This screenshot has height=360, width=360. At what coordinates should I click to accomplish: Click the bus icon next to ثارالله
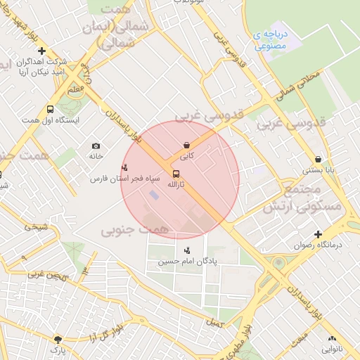click(x=176, y=174)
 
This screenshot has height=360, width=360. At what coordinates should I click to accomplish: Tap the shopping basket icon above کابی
click(x=186, y=145)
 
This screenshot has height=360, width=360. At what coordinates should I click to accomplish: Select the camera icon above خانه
click(x=96, y=146)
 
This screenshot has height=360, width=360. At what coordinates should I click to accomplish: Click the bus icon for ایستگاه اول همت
click(x=50, y=109)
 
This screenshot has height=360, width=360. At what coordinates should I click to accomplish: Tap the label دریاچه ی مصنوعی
click(x=269, y=40)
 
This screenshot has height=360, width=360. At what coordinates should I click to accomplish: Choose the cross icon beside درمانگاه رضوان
click(x=319, y=234)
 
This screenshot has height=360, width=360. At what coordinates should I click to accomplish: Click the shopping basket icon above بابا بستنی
click(x=319, y=159)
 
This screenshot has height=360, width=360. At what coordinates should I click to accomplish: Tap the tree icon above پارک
click(x=58, y=339)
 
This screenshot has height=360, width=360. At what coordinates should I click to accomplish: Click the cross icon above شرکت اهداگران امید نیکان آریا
click(x=41, y=51)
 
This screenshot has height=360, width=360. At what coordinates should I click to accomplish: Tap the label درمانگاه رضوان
click(x=317, y=245)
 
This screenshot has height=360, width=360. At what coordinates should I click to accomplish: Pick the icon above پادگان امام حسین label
click(x=187, y=250)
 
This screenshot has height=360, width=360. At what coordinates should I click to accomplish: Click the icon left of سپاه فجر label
click(x=124, y=167)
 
